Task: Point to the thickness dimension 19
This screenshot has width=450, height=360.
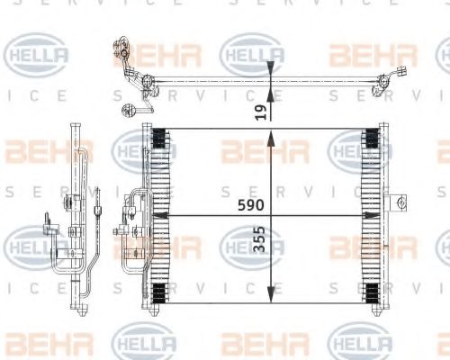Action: coord(260,111)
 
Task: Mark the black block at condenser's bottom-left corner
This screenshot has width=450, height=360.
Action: coord(159,292)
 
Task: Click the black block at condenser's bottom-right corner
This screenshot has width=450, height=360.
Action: coord(369,292)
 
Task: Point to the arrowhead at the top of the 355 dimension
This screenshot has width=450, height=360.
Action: coord(272,134)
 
